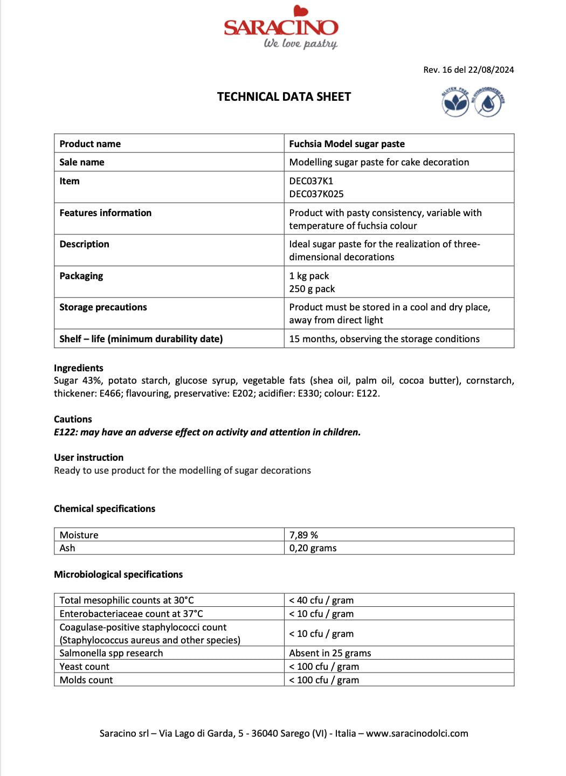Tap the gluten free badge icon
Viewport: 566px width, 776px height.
pos(455,102)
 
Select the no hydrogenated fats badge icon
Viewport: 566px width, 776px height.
pos(488,102)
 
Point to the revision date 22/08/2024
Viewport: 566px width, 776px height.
pos(491,70)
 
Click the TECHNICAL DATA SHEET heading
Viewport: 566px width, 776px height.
pos(284,97)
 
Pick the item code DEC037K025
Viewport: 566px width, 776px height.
pos(316,194)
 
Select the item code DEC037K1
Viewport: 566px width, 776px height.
pos(311,181)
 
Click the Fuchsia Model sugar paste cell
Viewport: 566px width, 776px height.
pos(347,144)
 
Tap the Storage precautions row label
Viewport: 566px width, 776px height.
pos(103,307)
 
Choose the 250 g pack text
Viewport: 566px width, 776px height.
pos(312,289)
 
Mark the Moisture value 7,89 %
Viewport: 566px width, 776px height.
pos(303,535)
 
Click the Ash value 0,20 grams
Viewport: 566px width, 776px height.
pos(313,548)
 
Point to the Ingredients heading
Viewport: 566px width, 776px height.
pos(79,368)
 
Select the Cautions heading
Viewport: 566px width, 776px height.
pos(73,419)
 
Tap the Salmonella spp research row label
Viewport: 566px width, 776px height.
pos(111,653)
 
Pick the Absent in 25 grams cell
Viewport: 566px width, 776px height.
pos(330,653)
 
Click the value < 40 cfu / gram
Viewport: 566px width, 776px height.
pos(321,600)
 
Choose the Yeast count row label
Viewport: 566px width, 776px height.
pos(84,667)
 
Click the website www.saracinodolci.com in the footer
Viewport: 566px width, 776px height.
pos(417,733)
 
